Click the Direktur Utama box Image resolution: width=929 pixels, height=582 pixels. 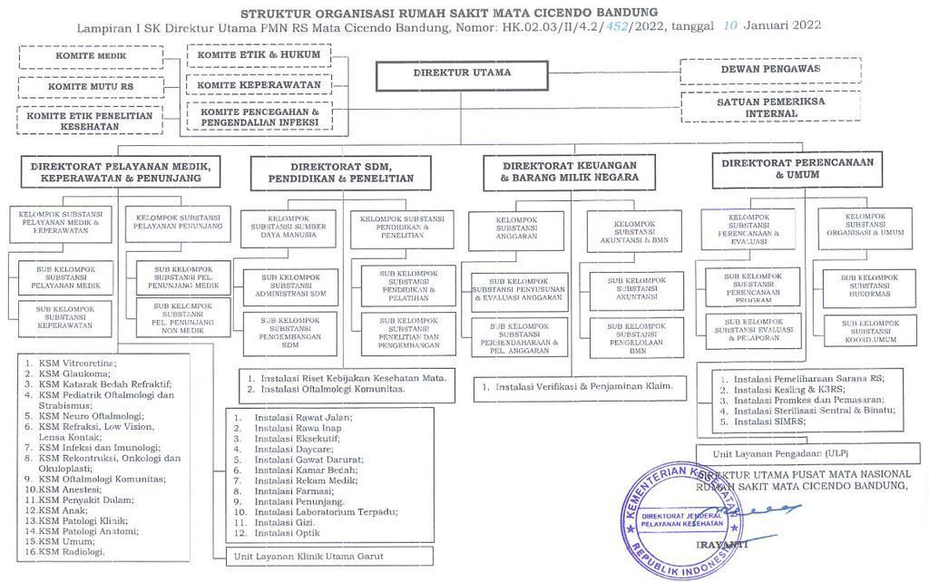click(462, 75)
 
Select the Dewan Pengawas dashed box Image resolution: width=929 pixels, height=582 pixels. click(770, 70)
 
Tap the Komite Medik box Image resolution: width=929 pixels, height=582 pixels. click(91, 56)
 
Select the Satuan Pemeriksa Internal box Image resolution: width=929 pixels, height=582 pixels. click(770, 108)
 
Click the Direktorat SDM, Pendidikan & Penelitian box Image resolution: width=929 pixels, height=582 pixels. click(340, 173)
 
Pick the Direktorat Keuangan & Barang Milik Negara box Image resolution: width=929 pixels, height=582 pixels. click(569, 171)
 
